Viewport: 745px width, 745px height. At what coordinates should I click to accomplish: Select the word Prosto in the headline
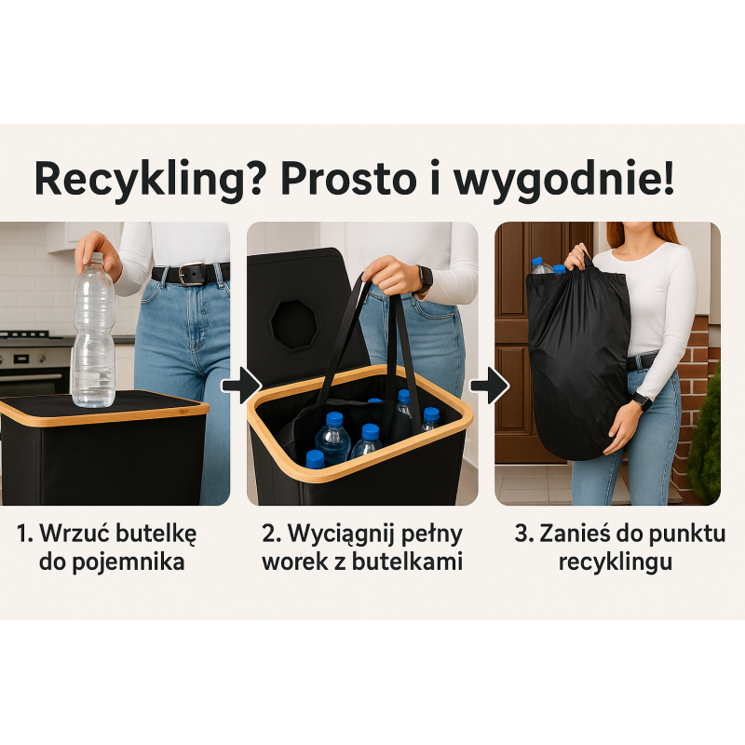[x=348, y=179]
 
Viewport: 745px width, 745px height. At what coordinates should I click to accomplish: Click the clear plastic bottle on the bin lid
[x=94, y=331]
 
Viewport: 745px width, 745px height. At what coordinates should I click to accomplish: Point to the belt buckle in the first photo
[x=192, y=273]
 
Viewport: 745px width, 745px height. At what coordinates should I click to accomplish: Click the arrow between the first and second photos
[x=242, y=385]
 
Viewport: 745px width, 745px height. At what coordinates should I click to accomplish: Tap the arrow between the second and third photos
[x=490, y=385]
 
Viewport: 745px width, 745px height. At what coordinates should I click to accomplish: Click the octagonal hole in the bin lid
[x=294, y=324]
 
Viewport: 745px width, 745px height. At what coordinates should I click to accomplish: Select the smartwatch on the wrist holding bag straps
[x=425, y=280]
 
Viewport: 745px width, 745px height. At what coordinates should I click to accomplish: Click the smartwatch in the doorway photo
[x=643, y=402]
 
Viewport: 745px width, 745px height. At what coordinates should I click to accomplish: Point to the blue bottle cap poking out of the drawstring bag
[x=537, y=262]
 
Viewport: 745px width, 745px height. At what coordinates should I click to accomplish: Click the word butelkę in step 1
[x=156, y=534]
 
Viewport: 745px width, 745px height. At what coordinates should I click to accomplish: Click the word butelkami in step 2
[x=407, y=562]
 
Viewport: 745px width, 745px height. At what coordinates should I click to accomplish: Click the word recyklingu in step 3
[x=616, y=562]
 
